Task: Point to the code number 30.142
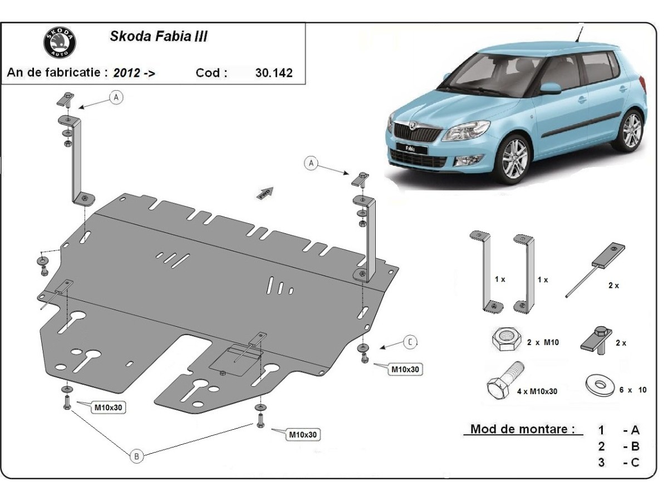pyautogui.click(x=273, y=73)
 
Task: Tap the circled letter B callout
pyautogui.click(x=137, y=456)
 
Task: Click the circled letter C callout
pyautogui.click(x=410, y=342)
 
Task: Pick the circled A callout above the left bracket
pyautogui.click(x=116, y=97)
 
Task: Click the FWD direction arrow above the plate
pyautogui.click(x=265, y=193)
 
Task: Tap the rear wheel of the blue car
pyautogui.click(x=630, y=131)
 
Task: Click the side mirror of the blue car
pyautogui.click(x=551, y=89)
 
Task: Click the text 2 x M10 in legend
pyautogui.click(x=543, y=342)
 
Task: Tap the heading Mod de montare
pyautogui.click(x=522, y=429)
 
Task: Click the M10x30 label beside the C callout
pyautogui.click(x=405, y=369)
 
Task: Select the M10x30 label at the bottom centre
pyautogui.click(x=303, y=434)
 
